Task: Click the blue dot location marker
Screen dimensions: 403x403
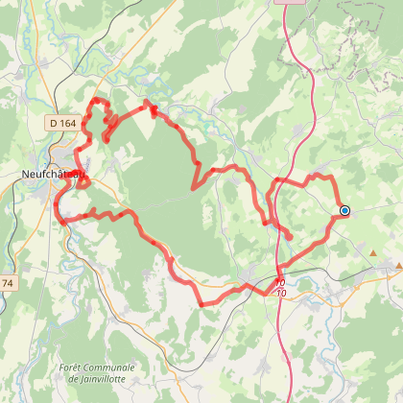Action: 344,210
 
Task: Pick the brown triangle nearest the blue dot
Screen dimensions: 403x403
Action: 373,252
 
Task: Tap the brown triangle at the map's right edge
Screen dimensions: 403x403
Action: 398,264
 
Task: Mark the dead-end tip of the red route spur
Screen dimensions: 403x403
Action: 290,233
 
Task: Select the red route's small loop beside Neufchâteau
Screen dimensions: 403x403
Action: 83,179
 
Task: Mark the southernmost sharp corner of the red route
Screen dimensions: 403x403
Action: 202,304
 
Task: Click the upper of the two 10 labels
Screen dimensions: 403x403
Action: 279,282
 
